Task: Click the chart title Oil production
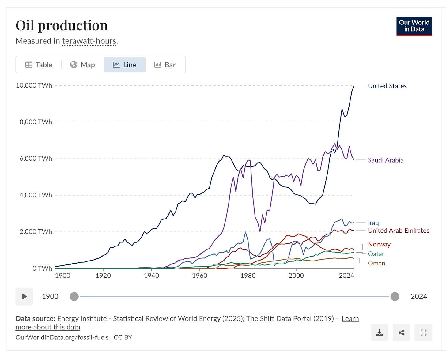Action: click(62, 25)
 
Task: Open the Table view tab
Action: click(39, 65)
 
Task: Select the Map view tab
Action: click(82, 65)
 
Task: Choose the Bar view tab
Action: click(165, 65)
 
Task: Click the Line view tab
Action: click(125, 65)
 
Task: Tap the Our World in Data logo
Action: click(414, 26)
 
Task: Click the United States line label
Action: click(387, 86)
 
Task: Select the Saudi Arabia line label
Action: click(385, 160)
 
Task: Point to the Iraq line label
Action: click(373, 223)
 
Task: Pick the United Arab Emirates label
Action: click(398, 231)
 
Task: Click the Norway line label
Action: click(379, 244)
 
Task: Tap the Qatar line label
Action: click(376, 254)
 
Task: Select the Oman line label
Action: click(376, 263)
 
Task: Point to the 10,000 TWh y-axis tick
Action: click(34, 85)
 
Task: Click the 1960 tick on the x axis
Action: click(200, 276)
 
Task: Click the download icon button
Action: click(379, 332)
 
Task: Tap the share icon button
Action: click(401, 332)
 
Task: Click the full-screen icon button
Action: click(423, 332)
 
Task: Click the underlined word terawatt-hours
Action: click(89, 41)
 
